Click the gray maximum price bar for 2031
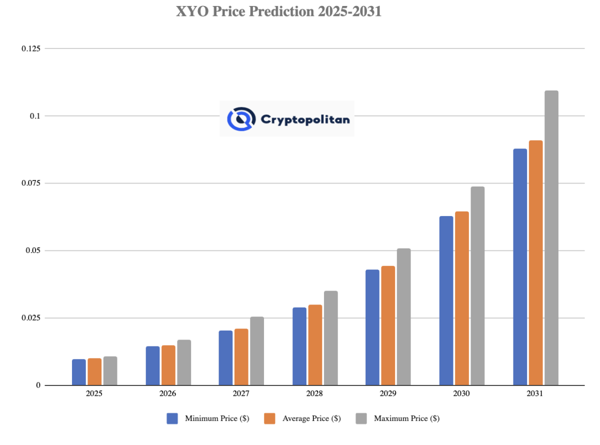(x=551, y=238)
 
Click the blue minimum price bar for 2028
(x=299, y=346)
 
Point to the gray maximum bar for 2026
(x=183, y=362)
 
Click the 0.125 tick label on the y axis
(x=31, y=48)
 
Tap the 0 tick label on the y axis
(x=38, y=385)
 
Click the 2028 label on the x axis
(x=314, y=394)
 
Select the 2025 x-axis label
(x=94, y=394)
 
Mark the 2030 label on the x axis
(x=461, y=394)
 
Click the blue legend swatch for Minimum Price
(x=172, y=418)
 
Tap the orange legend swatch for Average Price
(x=269, y=418)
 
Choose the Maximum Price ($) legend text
(x=406, y=418)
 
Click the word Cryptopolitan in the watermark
(x=305, y=119)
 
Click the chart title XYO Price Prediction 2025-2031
(x=278, y=11)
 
